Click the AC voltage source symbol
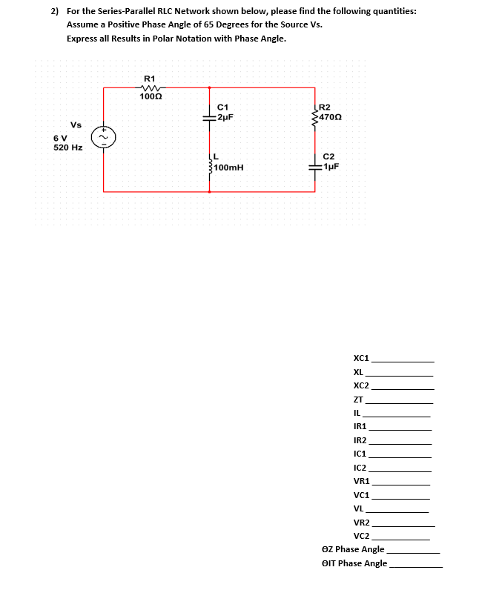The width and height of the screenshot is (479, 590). click(x=103, y=137)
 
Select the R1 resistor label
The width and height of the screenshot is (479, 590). click(x=149, y=78)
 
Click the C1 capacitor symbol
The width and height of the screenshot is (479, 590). click(x=210, y=117)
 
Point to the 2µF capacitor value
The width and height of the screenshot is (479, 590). click(x=226, y=117)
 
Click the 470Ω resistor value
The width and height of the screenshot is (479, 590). click(x=333, y=117)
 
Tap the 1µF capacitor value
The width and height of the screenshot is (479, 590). click(x=331, y=166)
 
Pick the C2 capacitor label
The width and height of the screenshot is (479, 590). click(x=329, y=156)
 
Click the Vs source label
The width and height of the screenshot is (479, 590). click(x=76, y=124)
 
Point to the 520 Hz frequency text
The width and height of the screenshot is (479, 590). click(x=68, y=147)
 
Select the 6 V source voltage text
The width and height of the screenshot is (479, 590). click(x=60, y=138)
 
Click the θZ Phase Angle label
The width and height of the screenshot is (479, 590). click(x=353, y=549)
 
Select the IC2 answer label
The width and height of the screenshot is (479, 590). click(x=360, y=468)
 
